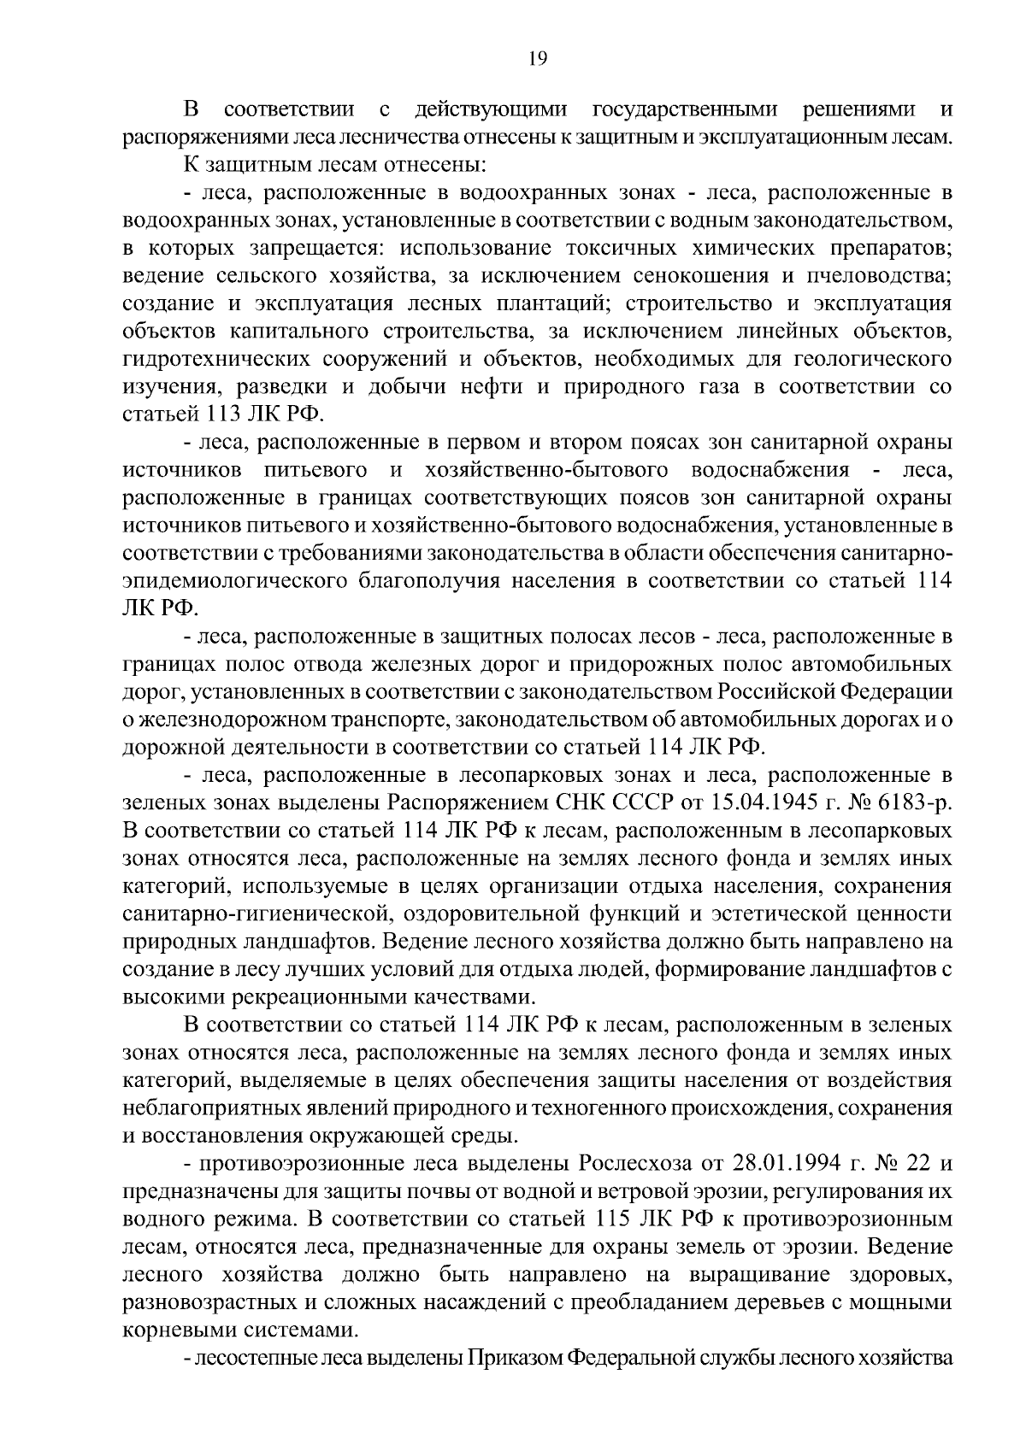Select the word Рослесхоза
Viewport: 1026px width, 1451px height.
point(651,1164)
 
